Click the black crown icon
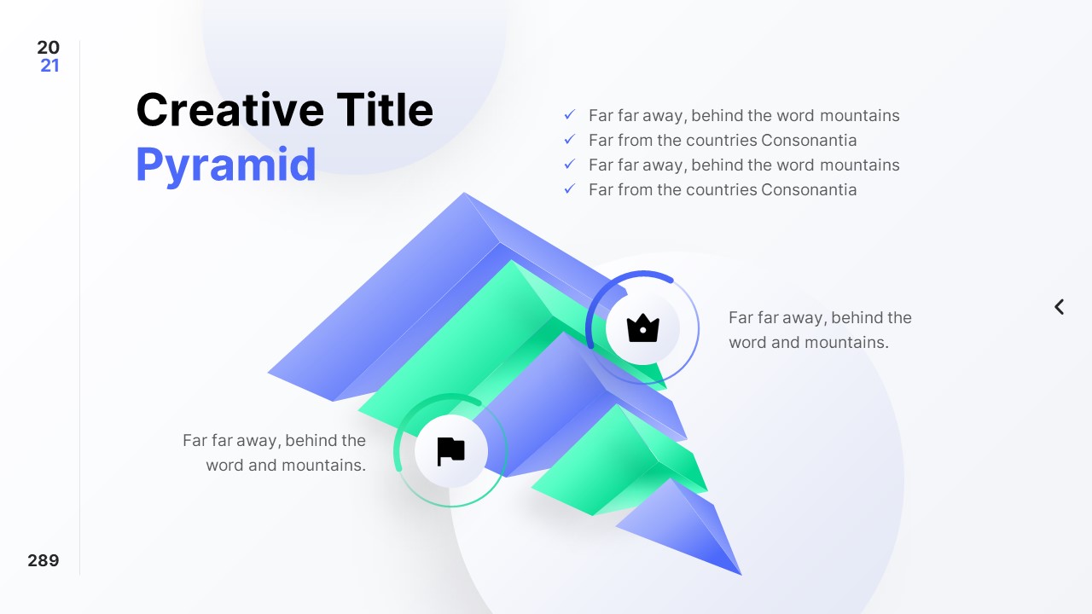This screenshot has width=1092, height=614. click(642, 328)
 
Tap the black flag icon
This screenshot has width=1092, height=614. click(450, 451)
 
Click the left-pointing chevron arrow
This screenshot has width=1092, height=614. click(1059, 307)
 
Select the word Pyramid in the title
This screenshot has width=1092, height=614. click(226, 165)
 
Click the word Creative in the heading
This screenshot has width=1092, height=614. click(229, 110)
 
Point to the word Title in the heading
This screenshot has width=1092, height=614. click(385, 110)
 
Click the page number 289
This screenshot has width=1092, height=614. click(44, 560)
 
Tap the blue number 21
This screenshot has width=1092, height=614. click(49, 66)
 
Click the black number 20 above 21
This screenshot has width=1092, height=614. click(49, 48)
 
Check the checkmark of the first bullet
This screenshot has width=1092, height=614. click(570, 115)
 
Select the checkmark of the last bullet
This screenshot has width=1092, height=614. click(570, 189)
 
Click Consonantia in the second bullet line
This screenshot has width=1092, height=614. click(809, 140)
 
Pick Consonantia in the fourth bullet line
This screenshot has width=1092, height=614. click(809, 189)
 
